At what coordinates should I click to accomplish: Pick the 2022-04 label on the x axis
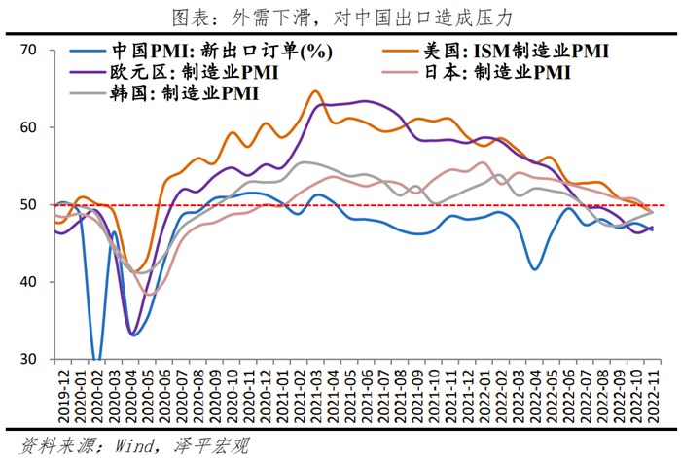(x=533, y=394)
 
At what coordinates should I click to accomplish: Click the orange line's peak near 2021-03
(x=315, y=91)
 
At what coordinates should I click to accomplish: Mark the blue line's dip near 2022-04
(x=534, y=268)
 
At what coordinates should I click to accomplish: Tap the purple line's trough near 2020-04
(x=130, y=335)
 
